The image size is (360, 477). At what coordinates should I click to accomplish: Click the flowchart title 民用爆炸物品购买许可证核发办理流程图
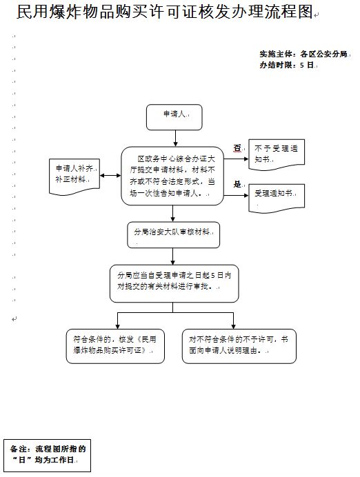point(165,12)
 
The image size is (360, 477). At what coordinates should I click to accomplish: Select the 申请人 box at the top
point(174,117)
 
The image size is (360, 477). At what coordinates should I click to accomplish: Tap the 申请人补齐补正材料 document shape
point(74,176)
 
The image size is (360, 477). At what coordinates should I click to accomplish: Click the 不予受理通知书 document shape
point(277,154)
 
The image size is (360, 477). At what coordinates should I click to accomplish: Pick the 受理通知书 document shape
point(277,198)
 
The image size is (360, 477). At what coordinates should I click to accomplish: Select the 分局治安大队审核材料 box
point(173,234)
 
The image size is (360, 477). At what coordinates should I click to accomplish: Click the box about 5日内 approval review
point(174,283)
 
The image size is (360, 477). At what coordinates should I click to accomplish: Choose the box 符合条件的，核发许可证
point(115,346)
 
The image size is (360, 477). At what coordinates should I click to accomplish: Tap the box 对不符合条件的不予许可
point(239,346)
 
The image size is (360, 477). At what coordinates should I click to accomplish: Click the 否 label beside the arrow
point(237,148)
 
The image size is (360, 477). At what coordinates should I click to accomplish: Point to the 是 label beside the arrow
point(237,184)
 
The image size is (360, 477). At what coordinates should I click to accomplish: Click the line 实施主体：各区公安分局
point(303,54)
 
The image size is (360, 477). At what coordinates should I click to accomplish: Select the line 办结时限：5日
point(286,65)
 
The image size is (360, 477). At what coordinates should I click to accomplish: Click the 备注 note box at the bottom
point(47,456)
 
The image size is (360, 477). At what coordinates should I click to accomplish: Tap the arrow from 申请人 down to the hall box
point(175,139)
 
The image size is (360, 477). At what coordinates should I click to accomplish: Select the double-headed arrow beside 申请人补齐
point(110,176)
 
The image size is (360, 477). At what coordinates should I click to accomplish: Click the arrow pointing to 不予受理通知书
point(236,159)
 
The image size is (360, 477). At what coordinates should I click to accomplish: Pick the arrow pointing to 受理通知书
point(236,195)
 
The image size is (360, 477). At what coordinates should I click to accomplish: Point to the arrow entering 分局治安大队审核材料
point(173,213)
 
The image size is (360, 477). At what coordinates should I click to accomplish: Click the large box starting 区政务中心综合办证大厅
point(172,176)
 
